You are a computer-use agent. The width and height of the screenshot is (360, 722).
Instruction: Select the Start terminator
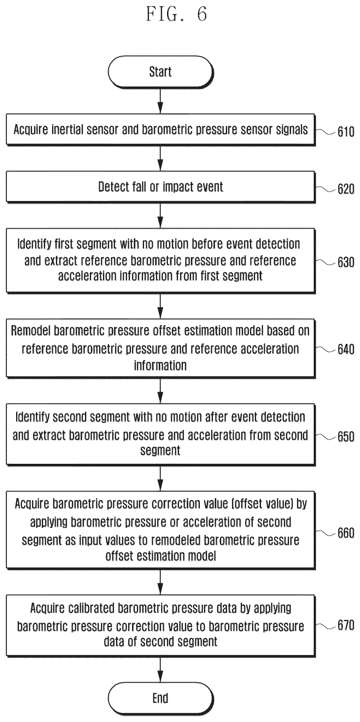click(x=161, y=72)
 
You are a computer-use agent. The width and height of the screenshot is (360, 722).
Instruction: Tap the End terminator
click(x=161, y=698)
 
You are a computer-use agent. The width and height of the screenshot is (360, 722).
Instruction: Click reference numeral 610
click(x=346, y=131)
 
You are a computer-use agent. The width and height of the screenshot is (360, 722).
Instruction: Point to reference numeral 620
click(x=346, y=189)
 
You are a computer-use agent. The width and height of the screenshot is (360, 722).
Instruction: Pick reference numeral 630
click(x=346, y=262)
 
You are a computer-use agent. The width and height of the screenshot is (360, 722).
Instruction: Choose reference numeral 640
click(x=346, y=349)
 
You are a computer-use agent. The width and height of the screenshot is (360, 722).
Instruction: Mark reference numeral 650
click(x=346, y=437)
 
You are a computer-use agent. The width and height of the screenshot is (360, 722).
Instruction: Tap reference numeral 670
click(x=346, y=626)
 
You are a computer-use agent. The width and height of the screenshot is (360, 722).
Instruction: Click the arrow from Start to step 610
click(x=160, y=101)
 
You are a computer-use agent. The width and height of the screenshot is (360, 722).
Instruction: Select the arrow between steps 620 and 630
click(x=160, y=215)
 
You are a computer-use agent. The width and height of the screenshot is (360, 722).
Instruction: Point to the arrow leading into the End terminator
click(x=160, y=670)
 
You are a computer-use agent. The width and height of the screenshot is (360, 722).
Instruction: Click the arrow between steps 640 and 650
click(x=160, y=391)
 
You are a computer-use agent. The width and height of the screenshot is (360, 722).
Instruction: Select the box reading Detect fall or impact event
click(x=161, y=187)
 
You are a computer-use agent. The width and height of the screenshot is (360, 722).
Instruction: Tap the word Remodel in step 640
click(x=31, y=331)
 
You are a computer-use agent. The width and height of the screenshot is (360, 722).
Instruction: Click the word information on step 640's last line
click(x=160, y=366)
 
